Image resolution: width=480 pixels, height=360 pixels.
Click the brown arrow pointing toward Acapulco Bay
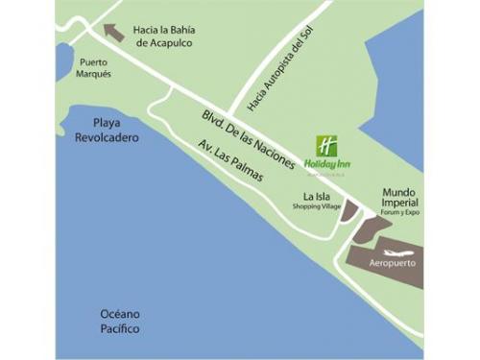coord(113,32)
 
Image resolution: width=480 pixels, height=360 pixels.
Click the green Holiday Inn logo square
coord(326,146)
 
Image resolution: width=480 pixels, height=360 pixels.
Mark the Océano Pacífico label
coord(120,322)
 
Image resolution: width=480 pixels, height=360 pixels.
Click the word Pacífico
coord(120,329)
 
